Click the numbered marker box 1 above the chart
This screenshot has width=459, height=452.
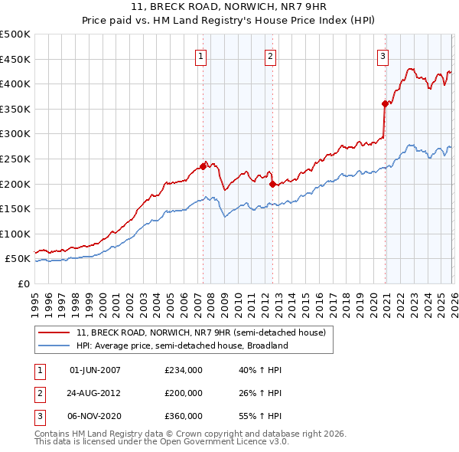coord(200,55)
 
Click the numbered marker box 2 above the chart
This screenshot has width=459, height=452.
coord(271,55)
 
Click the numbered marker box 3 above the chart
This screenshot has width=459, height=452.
coord(382,55)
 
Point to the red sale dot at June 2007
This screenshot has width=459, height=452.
coord(203,165)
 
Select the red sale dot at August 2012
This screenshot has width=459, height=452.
coord(272,183)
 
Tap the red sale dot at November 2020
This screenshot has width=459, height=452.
coord(384,103)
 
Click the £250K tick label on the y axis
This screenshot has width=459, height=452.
coord(15,159)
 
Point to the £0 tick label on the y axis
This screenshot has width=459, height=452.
coord(24,283)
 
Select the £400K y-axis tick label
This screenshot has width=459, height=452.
coord(15,84)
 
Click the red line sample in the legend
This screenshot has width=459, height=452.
coord(55,332)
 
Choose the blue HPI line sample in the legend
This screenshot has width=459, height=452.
coord(55,346)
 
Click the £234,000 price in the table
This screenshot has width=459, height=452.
coord(184,369)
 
